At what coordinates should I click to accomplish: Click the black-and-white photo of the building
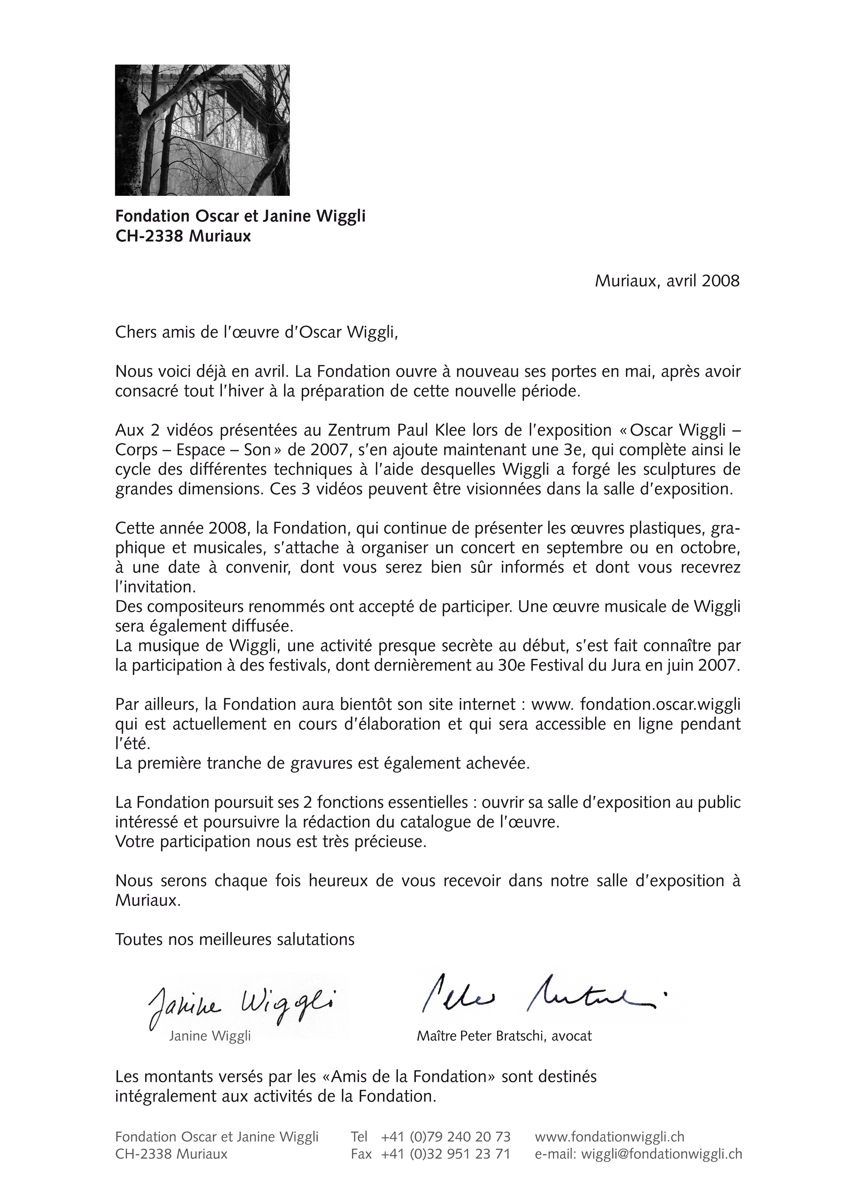coord(202,130)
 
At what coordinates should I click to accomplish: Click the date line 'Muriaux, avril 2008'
coord(667,281)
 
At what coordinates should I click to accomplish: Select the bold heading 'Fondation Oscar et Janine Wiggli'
coord(240,216)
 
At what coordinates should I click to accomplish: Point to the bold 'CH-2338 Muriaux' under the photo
coord(183,236)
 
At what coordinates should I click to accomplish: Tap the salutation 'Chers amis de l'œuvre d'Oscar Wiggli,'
coord(256,333)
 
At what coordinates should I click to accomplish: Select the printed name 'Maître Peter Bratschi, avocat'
coord(504,1036)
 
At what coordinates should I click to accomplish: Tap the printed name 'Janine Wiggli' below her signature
coord(210,1036)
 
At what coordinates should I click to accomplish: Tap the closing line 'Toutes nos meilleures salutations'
coord(235,940)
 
